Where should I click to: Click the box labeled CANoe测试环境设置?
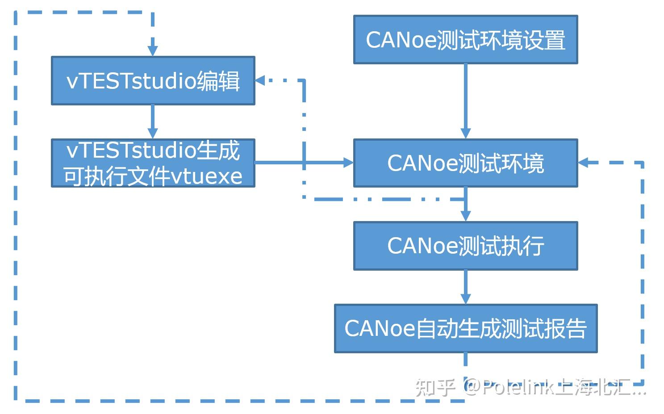[x=465, y=40]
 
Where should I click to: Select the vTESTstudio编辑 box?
[x=153, y=81]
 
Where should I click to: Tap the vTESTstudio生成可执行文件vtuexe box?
[x=153, y=163]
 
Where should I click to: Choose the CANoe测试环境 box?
[x=465, y=163]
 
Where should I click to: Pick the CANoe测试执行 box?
[x=465, y=246]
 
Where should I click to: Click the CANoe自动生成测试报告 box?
[x=465, y=329]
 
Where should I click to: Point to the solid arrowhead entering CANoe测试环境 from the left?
[x=348, y=163]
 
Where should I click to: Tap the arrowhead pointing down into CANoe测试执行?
[x=465, y=216]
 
